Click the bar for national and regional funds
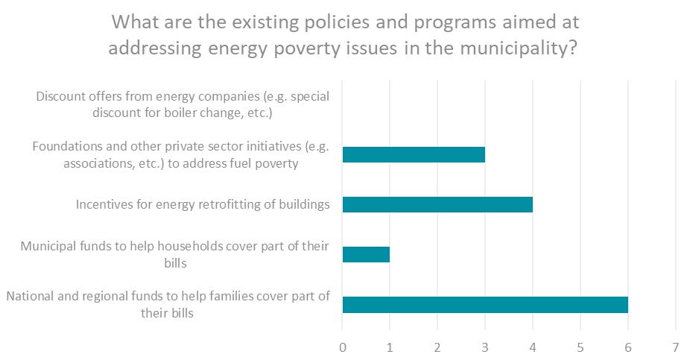click(x=484, y=304)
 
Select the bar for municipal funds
click(x=366, y=254)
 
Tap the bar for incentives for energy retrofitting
click(x=437, y=204)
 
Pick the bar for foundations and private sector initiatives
click(x=414, y=154)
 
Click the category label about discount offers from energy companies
click(x=183, y=105)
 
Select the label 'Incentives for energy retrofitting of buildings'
click(x=203, y=204)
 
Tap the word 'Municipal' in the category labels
click(x=48, y=246)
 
